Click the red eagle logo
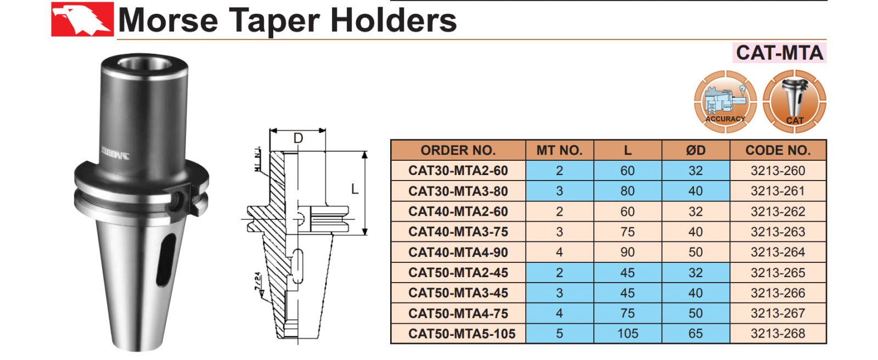[x=82, y=19]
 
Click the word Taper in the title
[x=275, y=21]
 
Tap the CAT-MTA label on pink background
[x=779, y=53]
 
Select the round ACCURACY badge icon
[x=725, y=102]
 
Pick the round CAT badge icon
[x=795, y=102]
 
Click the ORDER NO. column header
[x=458, y=150]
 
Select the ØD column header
[x=695, y=150]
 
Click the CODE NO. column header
[x=778, y=150]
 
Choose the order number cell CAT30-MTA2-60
[x=458, y=171]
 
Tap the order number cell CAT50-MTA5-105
[x=461, y=334]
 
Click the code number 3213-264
[x=778, y=252]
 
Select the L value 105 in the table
[x=627, y=334]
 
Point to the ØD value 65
[x=695, y=334]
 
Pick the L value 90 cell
[x=627, y=252]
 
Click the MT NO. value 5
[x=559, y=334]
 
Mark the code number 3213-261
[x=778, y=191]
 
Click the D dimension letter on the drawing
[x=298, y=138]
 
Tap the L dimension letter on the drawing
[x=354, y=189]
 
